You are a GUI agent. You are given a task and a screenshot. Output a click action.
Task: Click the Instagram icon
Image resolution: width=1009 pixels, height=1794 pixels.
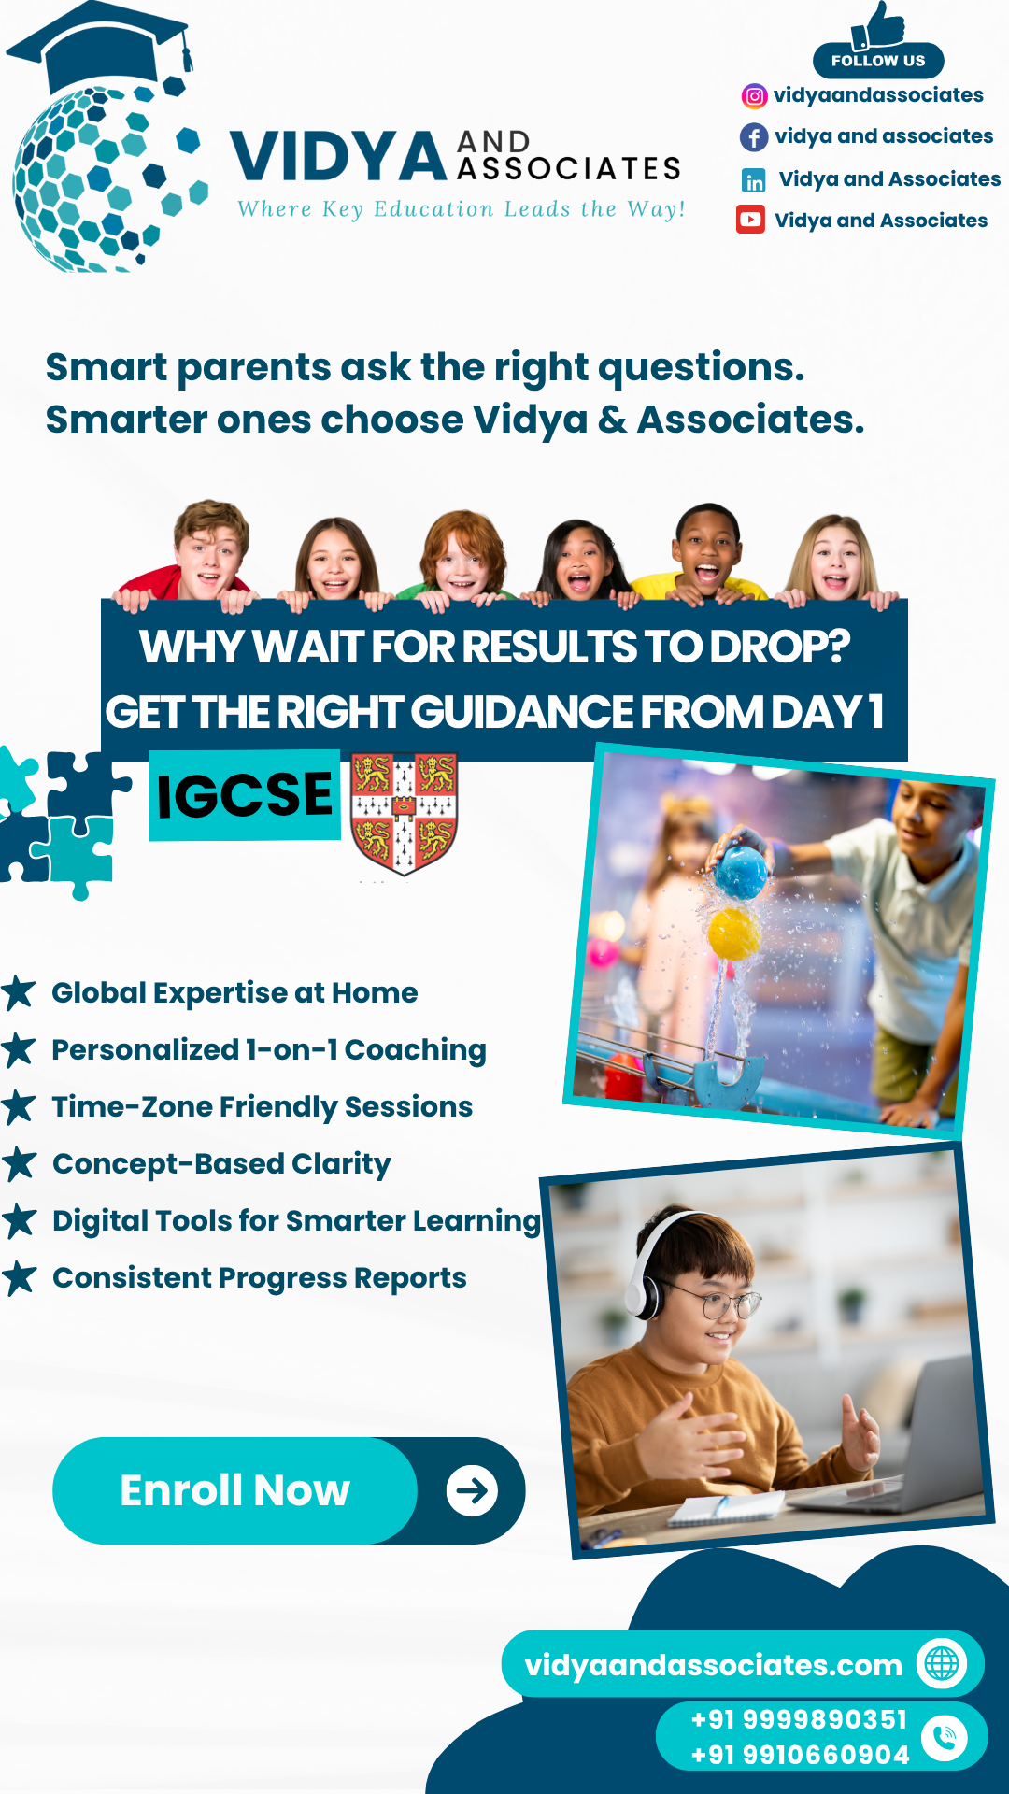pyautogui.click(x=754, y=95)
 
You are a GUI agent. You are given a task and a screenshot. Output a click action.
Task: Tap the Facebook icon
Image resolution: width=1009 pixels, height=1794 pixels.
pyautogui.click(x=754, y=137)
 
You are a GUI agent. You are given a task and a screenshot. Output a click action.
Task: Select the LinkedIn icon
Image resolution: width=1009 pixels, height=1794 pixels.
pyautogui.click(x=753, y=180)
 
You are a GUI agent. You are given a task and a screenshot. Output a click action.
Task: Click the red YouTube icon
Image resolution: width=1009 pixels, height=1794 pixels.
pyautogui.click(x=750, y=220)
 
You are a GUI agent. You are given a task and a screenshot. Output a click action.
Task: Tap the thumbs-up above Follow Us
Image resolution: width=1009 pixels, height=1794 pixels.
pyautogui.click(x=878, y=25)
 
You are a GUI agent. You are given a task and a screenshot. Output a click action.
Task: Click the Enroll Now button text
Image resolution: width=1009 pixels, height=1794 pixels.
pyautogui.click(x=234, y=1490)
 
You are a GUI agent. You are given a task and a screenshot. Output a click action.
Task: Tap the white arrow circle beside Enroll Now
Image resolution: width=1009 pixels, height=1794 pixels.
pyautogui.click(x=472, y=1490)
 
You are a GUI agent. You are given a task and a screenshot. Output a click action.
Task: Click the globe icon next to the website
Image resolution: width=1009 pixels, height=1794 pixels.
pyautogui.click(x=942, y=1664)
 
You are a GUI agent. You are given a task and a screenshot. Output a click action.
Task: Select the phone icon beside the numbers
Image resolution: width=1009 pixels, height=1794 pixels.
pyautogui.click(x=945, y=1738)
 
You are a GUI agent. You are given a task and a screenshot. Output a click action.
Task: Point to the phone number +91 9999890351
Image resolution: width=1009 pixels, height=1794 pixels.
pyautogui.click(x=799, y=1720)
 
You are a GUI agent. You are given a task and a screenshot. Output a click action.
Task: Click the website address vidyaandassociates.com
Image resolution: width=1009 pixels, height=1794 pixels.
pyautogui.click(x=713, y=1665)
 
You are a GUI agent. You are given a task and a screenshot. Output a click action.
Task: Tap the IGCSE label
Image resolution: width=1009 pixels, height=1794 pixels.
pyautogui.click(x=245, y=795)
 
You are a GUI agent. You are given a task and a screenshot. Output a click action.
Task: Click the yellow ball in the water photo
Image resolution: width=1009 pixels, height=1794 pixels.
pyautogui.click(x=734, y=934)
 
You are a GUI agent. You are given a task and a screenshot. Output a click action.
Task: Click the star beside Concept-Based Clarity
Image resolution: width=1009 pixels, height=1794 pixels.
pyautogui.click(x=19, y=1164)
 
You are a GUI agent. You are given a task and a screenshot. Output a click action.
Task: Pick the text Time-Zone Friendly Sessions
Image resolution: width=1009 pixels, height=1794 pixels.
pyautogui.click(x=263, y=1107)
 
